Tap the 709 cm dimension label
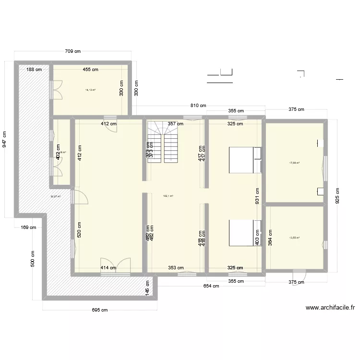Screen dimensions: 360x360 pyautogui.click(x=74, y=51)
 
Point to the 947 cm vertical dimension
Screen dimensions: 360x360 pyautogui.click(x=5, y=140)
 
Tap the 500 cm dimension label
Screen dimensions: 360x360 pyautogui.click(x=33, y=260)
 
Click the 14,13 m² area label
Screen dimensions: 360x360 pyautogui.click(x=90, y=90)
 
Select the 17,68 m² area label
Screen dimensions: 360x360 pyautogui.click(x=294, y=163)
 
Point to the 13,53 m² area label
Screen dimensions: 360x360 pyautogui.click(x=294, y=237)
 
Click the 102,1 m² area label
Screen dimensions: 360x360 pyautogui.click(x=168, y=196)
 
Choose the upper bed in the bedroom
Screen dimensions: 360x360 pyautogui.click(x=245, y=160)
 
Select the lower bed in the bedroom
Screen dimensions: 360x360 pyautogui.click(x=245, y=233)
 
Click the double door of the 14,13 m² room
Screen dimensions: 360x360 pyautogui.click(x=57, y=89)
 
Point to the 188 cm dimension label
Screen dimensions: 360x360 pyautogui.click(x=34, y=70)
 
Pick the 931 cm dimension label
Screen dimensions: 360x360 pyautogui.click(x=257, y=197)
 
